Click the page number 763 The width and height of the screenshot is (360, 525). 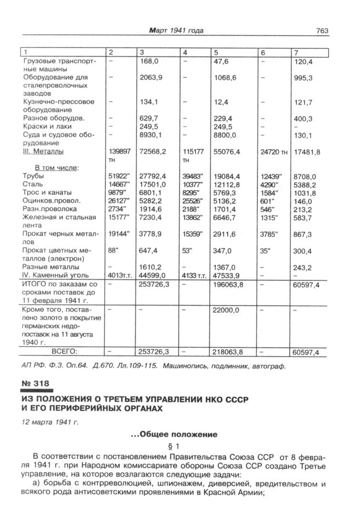[322, 31]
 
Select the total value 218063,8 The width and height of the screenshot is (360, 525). [228, 352]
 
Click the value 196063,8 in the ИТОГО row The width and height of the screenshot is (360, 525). [228, 285]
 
